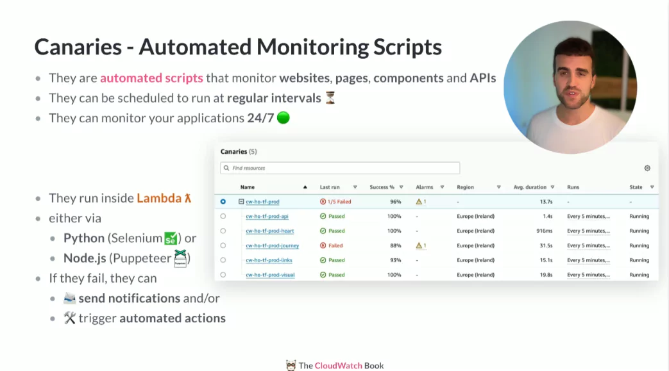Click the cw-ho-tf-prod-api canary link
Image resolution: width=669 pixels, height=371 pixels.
[267, 216]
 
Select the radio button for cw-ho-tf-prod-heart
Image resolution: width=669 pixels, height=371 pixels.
[223, 231]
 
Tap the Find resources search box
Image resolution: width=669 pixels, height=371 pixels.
[340, 168]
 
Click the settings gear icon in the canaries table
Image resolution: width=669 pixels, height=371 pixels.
[647, 168]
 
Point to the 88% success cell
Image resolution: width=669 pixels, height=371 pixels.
[396, 245]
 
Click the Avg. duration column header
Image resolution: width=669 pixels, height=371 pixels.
[530, 187]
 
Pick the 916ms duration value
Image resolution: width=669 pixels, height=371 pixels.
[545, 231]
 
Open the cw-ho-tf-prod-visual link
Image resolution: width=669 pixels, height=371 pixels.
[270, 275]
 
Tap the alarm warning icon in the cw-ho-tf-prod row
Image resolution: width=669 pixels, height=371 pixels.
[419, 202]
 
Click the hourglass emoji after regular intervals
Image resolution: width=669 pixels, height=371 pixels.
[330, 98]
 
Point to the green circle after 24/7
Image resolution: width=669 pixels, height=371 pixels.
[284, 118]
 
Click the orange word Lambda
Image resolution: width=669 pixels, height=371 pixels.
[159, 198]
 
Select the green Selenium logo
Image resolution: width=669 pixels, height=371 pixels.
[170, 238]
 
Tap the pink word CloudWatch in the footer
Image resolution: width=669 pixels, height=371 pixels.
[338, 365]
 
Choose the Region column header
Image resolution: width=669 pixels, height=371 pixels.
[465, 187]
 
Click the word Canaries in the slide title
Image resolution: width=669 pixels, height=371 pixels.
[78, 47]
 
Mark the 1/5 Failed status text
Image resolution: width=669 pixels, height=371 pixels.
[339, 202]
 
